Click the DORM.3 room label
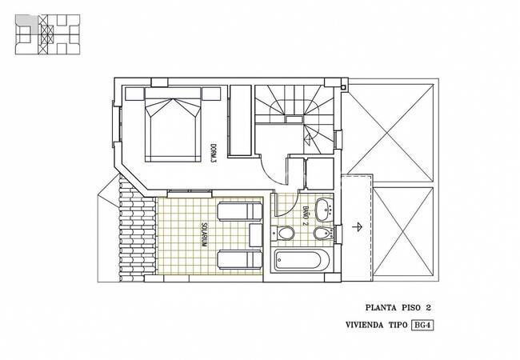coord(214,153)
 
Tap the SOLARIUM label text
coord(204,234)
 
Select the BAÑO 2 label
coord(306,216)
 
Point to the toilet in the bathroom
coord(283,233)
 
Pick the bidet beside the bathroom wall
coord(323,234)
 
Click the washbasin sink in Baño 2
coord(324,210)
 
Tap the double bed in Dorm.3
coord(173,125)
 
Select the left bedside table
coord(134,94)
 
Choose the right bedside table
coord(211,94)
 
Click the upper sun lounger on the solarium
coord(240,211)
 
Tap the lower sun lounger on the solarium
coord(240,259)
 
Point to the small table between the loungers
coord(256,235)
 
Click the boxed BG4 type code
coord(422,325)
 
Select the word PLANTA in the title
coord(381,308)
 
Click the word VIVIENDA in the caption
coord(364,325)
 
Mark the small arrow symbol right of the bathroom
coord(357,226)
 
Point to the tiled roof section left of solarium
coord(137,229)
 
